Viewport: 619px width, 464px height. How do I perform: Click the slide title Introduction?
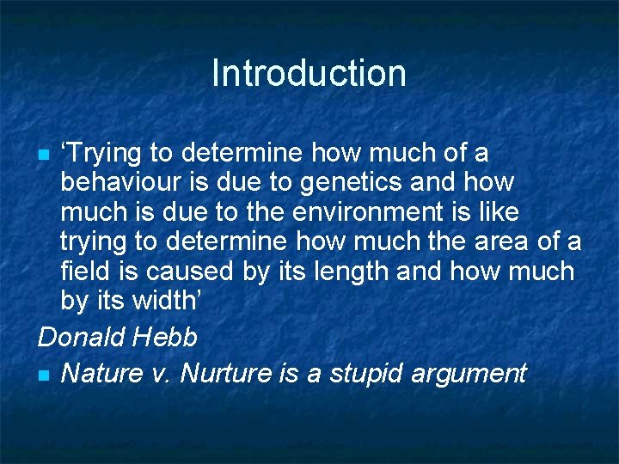(309, 73)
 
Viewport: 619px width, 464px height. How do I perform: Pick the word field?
(82, 272)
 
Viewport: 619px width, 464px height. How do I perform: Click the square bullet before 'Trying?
(44, 156)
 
